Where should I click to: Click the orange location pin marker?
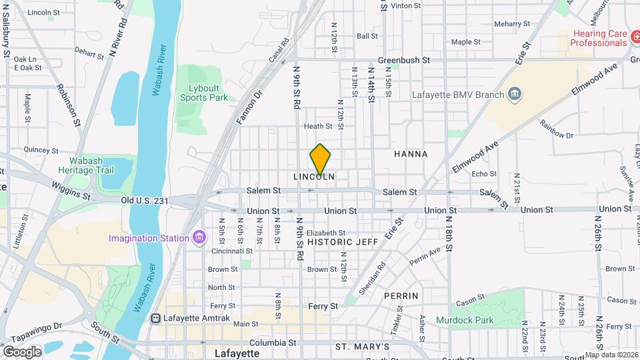320,159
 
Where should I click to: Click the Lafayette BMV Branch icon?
514,95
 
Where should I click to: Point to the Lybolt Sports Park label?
203,93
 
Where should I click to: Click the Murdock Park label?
465,320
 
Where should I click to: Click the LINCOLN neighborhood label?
314,177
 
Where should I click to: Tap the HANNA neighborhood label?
411,154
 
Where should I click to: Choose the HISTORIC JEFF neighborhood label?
343,242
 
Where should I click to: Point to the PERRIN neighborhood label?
401,295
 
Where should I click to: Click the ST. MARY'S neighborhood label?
362,347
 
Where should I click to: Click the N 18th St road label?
450,237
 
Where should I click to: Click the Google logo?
21,351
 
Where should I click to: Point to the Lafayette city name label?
237,353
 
